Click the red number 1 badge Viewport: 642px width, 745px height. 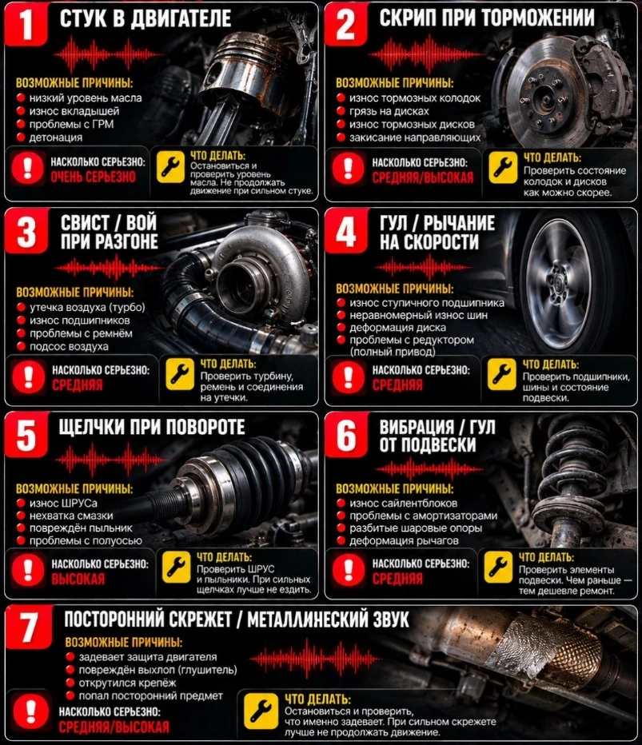pos(26,24)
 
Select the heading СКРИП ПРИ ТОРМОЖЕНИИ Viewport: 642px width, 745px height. pos(487,18)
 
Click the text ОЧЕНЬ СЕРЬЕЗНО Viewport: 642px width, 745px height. pos(93,177)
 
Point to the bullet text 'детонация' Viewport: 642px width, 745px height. pos(56,137)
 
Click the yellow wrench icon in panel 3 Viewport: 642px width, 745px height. pos(180,374)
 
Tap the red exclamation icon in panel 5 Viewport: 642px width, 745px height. pos(28,568)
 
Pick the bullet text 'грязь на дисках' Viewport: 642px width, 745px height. pos(389,111)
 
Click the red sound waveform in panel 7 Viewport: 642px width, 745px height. pos(314,659)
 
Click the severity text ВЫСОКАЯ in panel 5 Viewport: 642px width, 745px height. pos(78,579)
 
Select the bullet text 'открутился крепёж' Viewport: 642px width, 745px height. pos(127,683)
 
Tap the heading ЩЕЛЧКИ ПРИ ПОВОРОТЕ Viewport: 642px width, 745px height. pos(152,427)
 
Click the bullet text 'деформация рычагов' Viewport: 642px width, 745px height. pos(404,540)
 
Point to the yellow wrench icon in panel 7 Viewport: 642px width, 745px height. pos(261,711)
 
